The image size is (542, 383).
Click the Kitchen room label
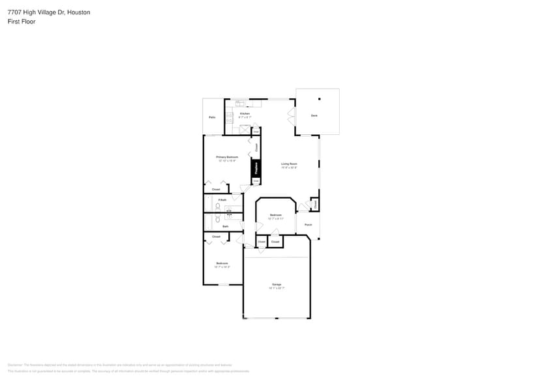(245, 113)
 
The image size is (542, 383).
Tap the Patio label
(212, 117)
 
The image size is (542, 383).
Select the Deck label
(314, 115)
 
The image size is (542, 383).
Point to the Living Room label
(289, 163)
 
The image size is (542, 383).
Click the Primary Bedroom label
(227, 157)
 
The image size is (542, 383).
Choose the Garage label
(277, 285)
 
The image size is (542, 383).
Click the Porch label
(309, 225)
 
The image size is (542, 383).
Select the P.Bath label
(222, 199)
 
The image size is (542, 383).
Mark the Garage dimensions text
(277, 289)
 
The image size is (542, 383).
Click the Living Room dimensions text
(289, 167)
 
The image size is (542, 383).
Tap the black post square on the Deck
(320, 99)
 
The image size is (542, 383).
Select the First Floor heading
(22, 21)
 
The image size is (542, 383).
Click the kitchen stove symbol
(229, 118)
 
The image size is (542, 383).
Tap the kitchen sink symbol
(241, 103)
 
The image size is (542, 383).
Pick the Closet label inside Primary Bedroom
(216, 189)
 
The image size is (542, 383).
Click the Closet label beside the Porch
(315, 204)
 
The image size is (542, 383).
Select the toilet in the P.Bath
(218, 206)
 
